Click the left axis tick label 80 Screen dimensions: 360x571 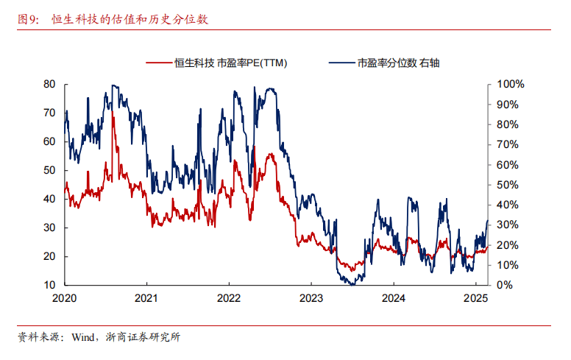pyautogui.click(x=49, y=85)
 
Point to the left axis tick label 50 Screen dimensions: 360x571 pyautogui.click(x=49, y=170)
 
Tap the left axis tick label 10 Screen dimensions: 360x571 pyautogui.click(x=49, y=285)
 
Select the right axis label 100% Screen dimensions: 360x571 pyautogui.click(x=510, y=85)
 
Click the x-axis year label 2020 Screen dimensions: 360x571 pyautogui.click(x=65, y=298)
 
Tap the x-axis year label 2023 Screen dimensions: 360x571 pyautogui.click(x=311, y=298)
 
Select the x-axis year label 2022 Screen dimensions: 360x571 pyautogui.click(x=229, y=298)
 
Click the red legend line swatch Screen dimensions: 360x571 pyautogui.click(x=157, y=63)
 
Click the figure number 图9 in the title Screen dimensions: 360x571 pyautogui.click(x=29, y=20)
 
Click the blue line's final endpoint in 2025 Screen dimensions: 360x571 pyautogui.click(x=488, y=221)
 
